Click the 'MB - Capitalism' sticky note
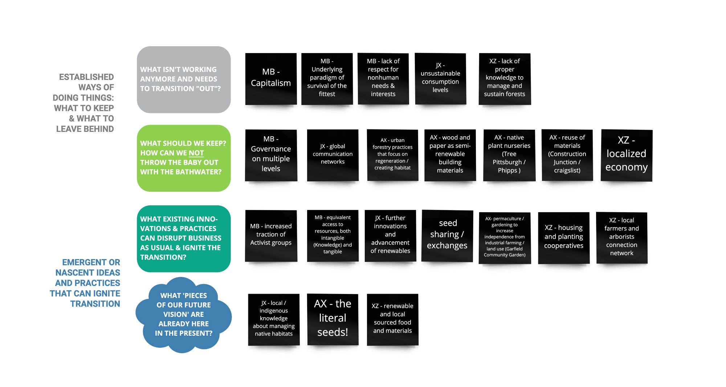click(271, 79)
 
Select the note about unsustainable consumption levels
click(440, 79)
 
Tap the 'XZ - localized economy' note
click(627, 155)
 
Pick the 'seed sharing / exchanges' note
click(447, 236)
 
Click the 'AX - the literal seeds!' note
click(333, 319)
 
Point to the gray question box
click(184, 80)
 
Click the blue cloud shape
click(184, 315)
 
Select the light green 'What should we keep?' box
click(184, 158)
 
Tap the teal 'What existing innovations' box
click(184, 238)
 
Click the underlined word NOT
click(196, 153)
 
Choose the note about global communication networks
click(333, 155)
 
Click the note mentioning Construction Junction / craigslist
click(567, 155)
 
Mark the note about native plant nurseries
click(509, 155)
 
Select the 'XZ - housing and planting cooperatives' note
click(564, 238)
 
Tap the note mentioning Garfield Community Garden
click(505, 238)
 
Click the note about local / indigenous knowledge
click(274, 319)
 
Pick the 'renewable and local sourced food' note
click(393, 319)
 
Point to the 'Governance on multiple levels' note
click(271, 155)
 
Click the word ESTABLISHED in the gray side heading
click(86, 77)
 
